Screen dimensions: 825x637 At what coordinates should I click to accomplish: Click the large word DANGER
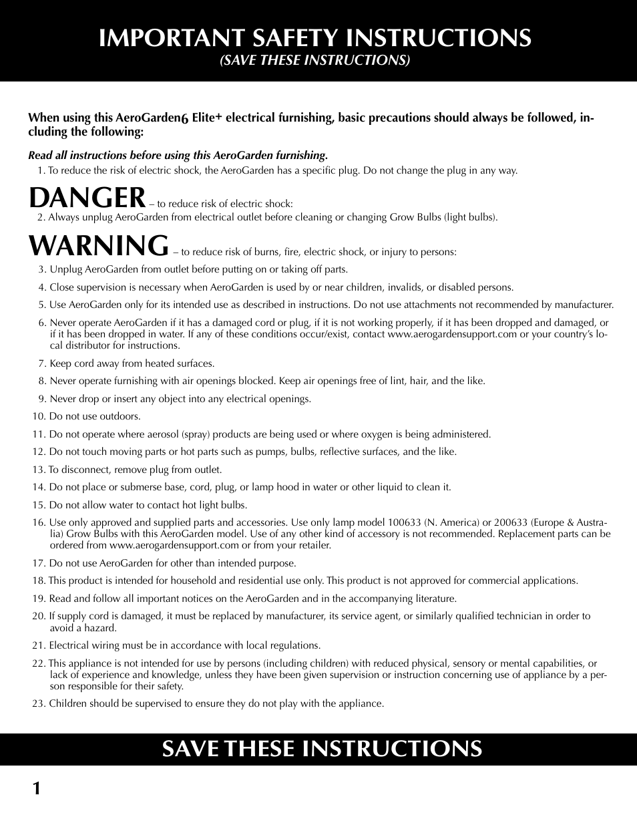pos(87,198)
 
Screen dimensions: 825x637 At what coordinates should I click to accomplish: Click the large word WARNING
pos(99,246)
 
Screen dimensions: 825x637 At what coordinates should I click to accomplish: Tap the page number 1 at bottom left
pos(36,789)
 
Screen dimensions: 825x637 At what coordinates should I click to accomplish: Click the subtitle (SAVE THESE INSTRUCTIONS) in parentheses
pos(315,60)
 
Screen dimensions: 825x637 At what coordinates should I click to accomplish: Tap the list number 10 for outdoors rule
pos(39,416)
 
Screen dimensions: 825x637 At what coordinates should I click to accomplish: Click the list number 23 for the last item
pos(38,703)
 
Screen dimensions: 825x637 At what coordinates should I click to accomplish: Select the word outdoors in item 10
pos(120,416)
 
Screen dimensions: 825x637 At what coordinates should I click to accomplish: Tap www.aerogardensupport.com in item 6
pos(452,334)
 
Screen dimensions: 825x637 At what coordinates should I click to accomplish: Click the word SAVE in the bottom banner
pos(190,749)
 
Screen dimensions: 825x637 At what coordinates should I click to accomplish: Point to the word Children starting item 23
pos(67,703)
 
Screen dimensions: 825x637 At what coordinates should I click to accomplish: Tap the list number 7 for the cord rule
pos(41,363)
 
